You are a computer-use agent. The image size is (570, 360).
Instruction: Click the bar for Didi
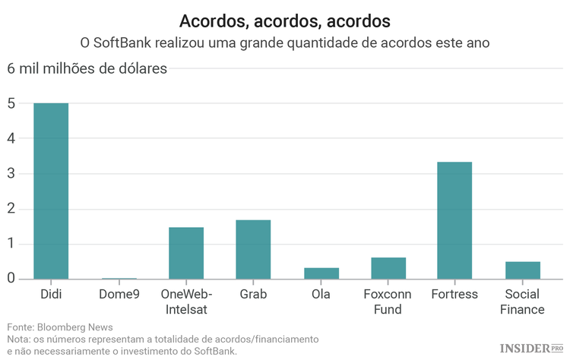coord(51,191)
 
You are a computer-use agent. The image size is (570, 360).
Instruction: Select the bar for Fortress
coord(454,220)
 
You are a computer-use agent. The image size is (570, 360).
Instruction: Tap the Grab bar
coord(253,249)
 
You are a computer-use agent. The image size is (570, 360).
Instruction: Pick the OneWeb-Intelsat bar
coord(186,253)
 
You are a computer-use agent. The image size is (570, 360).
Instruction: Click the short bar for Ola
coord(321,273)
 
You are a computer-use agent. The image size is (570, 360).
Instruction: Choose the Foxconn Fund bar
coord(388,268)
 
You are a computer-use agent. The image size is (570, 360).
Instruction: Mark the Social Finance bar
coord(522,270)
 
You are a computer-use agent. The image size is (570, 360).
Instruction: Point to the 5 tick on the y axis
coord(11,104)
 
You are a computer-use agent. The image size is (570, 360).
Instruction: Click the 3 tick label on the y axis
coord(11,174)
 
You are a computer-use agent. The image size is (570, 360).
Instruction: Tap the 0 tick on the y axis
coord(11,279)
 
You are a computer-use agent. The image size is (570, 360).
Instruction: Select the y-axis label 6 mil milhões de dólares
coord(87,69)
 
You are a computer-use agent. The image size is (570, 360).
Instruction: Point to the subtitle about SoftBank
coord(284,43)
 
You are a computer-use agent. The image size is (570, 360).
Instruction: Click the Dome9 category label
coord(119,294)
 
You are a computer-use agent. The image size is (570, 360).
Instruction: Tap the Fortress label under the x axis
coord(454,294)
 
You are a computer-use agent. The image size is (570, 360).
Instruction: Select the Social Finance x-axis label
coord(522,302)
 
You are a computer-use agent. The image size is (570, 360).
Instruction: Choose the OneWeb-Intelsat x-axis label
coord(186,302)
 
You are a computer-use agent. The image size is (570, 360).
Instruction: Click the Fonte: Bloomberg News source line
coord(59,327)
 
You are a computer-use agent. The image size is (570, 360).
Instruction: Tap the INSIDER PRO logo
coord(531,348)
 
